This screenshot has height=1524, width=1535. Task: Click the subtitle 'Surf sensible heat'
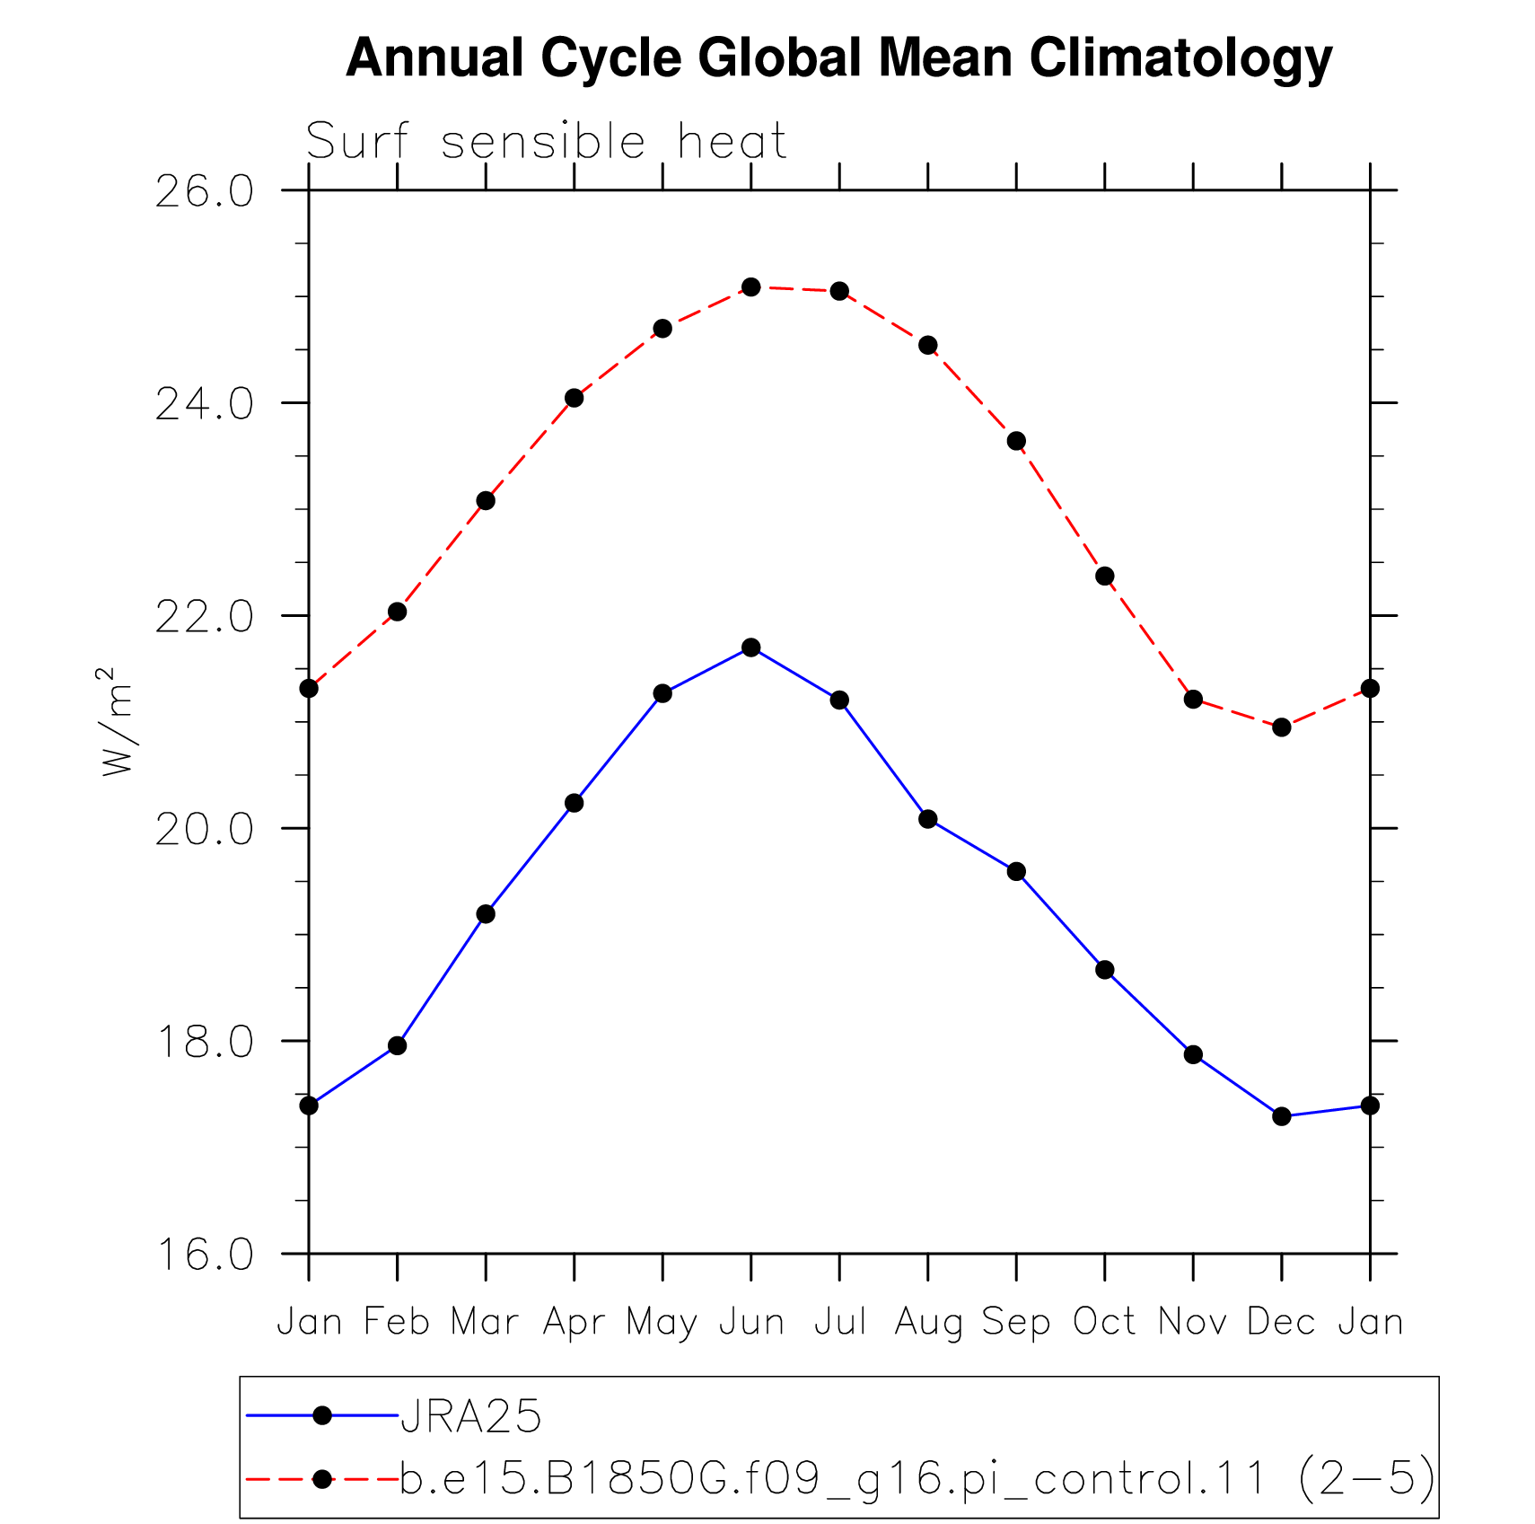(546, 142)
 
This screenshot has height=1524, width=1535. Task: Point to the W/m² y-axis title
(117, 721)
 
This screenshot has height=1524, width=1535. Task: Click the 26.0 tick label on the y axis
(205, 191)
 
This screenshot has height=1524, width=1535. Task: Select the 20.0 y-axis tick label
(205, 829)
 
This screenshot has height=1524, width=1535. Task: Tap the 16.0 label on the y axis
(205, 1255)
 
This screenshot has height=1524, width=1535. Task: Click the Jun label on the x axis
(751, 1323)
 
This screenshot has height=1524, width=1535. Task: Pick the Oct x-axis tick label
(1105, 1322)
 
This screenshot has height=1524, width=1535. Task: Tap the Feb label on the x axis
(398, 1322)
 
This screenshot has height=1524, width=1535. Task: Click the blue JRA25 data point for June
(751, 647)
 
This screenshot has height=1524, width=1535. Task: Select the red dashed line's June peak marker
(751, 287)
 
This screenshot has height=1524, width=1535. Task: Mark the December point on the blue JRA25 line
(1282, 1116)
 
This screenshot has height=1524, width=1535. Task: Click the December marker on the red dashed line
(1282, 727)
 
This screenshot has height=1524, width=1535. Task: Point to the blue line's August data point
(928, 819)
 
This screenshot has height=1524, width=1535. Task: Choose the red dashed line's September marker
(1016, 441)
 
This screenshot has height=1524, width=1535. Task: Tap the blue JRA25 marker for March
(486, 914)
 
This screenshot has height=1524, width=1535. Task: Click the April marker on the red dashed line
(575, 398)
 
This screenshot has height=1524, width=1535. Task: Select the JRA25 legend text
(471, 1417)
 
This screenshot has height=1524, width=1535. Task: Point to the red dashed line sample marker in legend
(322, 1478)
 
